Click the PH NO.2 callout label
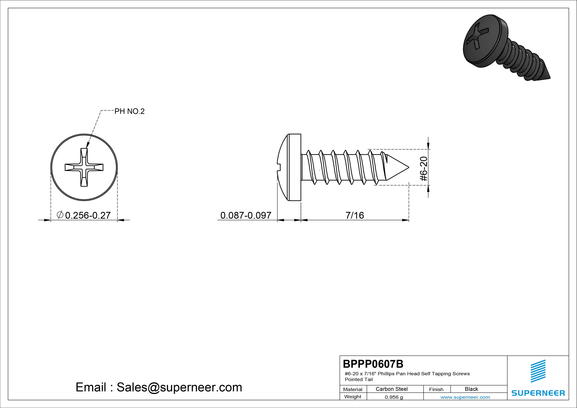(129, 111)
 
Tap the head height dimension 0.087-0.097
(246, 216)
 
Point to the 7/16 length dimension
(355, 216)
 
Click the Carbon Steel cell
(391, 389)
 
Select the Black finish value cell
(471, 389)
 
